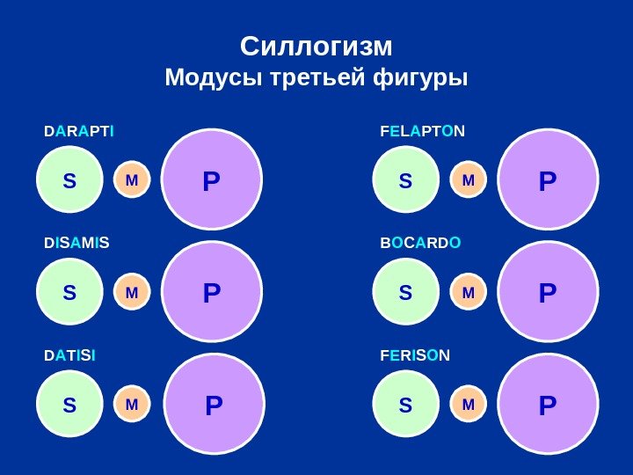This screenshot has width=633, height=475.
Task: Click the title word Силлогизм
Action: [x=316, y=45]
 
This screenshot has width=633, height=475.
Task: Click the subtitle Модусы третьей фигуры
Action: [x=316, y=79]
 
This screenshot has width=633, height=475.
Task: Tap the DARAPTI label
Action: [x=79, y=132]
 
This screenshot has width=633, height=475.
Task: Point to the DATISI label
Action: [x=70, y=355]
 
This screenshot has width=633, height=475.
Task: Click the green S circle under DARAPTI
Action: [x=69, y=181]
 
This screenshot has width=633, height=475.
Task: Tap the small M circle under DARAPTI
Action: [x=132, y=180]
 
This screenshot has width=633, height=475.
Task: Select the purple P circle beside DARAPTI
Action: [x=211, y=181]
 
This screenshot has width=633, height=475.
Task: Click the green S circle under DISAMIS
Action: [x=69, y=292]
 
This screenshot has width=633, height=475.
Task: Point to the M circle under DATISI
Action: [x=132, y=405]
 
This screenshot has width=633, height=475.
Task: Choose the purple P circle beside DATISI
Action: [x=214, y=406]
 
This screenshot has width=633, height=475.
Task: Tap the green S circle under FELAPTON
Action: [x=405, y=181]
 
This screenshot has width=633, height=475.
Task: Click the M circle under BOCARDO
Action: [x=468, y=291]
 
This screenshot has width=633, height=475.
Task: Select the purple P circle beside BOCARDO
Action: [x=547, y=292]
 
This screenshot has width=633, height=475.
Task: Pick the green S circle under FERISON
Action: [x=405, y=405]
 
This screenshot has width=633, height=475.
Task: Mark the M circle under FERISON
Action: [x=468, y=405]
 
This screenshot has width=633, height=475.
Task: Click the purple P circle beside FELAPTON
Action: [x=547, y=181]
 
